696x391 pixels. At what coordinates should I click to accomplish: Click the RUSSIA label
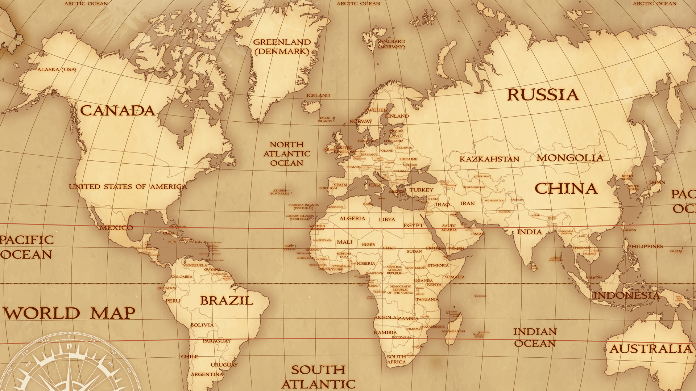(x=543, y=95)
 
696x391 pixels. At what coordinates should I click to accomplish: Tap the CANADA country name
(x=117, y=111)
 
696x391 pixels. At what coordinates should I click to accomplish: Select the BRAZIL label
(x=227, y=300)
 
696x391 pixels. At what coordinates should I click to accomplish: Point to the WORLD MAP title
(x=69, y=313)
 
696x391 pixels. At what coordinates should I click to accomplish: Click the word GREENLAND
(x=282, y=42)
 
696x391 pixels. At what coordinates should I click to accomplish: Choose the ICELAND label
(x=318, y=96)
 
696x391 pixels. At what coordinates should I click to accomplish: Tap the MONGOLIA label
(x=570, y=158)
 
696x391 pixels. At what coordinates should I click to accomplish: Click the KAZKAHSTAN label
(x=489, y=159)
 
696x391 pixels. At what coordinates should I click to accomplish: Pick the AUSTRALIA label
(x=651, y=349)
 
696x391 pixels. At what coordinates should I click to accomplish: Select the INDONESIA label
(x=626, y=295)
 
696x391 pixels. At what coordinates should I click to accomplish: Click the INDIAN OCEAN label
(x=535, y=337)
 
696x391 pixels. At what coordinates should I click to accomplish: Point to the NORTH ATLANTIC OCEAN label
(x=287, y=154)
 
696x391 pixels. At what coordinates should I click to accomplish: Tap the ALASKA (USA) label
(x=57, y=70)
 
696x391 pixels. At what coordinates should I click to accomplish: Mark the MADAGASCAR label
(x=453, y=331)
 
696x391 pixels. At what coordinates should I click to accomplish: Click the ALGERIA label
(x=352, y=219)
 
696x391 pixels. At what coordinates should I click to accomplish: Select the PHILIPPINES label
(x=645, y=247)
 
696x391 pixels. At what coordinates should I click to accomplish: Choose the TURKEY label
(x=422, y=190)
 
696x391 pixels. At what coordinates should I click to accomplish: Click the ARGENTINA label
(x=207, y=374)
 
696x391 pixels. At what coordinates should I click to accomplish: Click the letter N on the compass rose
(x=69, y=346)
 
